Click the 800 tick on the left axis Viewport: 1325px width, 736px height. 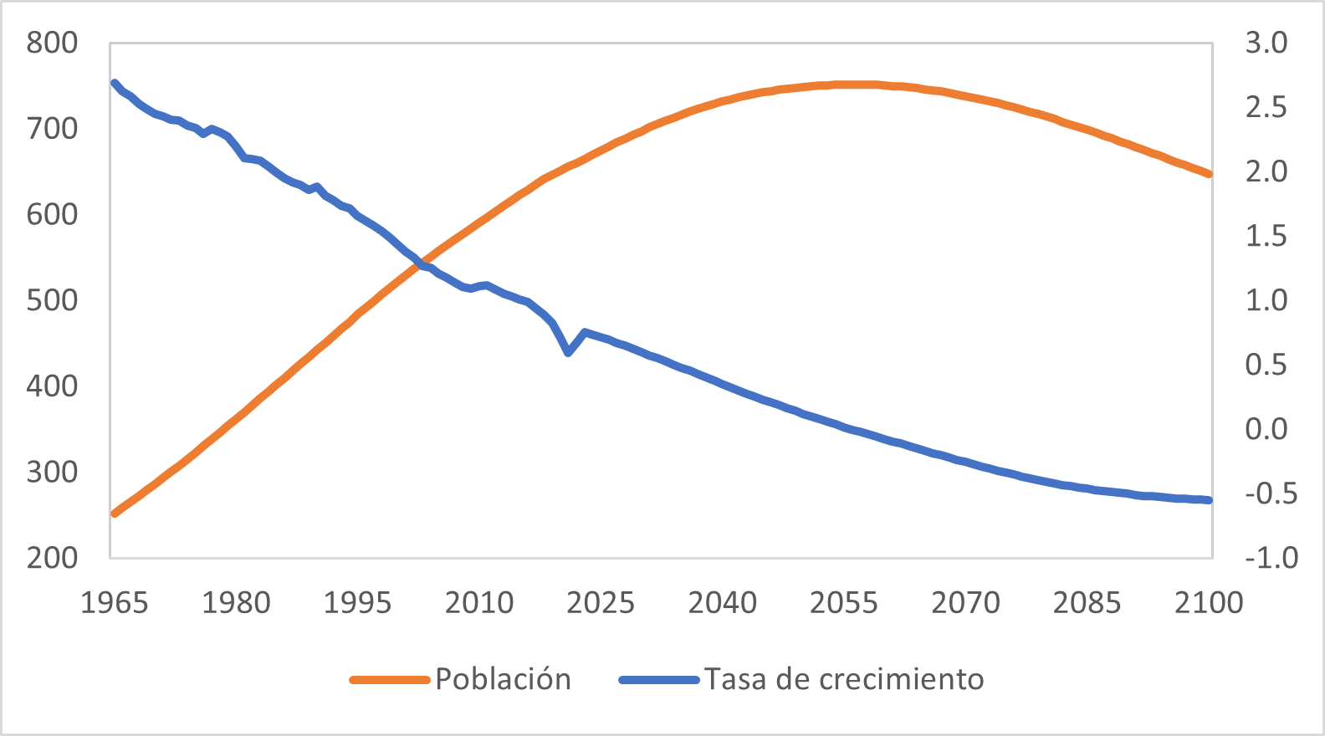click(52, 43)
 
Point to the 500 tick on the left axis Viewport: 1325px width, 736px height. click(52, 300)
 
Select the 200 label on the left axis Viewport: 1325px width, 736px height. click(52, 558)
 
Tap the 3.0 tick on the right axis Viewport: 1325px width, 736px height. click(1266, 43)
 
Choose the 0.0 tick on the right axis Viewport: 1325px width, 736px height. click(1266, 429)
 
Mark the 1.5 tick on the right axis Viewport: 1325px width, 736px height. click(1266, 236)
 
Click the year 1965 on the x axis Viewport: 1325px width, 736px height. click(114, 603)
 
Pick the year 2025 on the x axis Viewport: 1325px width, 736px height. click(601, 603)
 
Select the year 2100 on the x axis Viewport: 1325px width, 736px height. click(1209, 603)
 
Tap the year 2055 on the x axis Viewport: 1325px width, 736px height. click(844, 603)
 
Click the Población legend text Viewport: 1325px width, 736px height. click(503, 679)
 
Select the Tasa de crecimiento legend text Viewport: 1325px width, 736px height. click(843, 679)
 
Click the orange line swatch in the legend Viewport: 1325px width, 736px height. click(389, 680)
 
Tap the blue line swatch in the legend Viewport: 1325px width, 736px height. click(658, 680)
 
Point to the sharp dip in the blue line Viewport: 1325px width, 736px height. click(568, 353)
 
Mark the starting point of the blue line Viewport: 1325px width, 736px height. click(115, 83)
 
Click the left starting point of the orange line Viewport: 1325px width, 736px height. click(115, 513)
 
